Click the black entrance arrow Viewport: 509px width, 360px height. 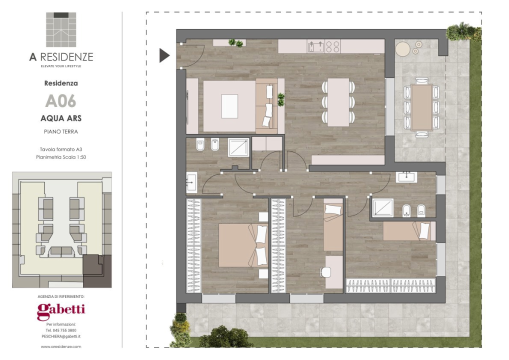pos(164,55)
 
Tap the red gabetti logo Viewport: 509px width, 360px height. pos(61,311)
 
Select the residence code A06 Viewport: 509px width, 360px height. pos(60,101)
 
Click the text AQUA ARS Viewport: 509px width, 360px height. pos(61,118)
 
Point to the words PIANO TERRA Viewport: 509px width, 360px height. pos(61,131)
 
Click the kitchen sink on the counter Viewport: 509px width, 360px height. pos(316,46)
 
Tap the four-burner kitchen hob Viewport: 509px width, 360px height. pos(332,46)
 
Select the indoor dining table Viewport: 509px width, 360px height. pos(338,102)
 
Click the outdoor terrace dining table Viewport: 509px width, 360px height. pos(421,107)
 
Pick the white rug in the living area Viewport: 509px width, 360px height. pos(229,106)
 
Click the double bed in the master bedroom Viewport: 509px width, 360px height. pos(243,245)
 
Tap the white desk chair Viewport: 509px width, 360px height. pos(325,272)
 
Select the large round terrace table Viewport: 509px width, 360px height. pos(403,49)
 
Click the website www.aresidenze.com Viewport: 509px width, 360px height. pos(61,346)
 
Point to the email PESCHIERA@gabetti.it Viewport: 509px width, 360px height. pos(61,336)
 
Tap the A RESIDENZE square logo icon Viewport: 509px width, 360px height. pos(61,29)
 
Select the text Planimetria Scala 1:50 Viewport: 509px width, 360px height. pos(61,157)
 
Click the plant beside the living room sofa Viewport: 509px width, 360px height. pos(281,99)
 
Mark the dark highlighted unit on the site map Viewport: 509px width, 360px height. pos(96,271)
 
